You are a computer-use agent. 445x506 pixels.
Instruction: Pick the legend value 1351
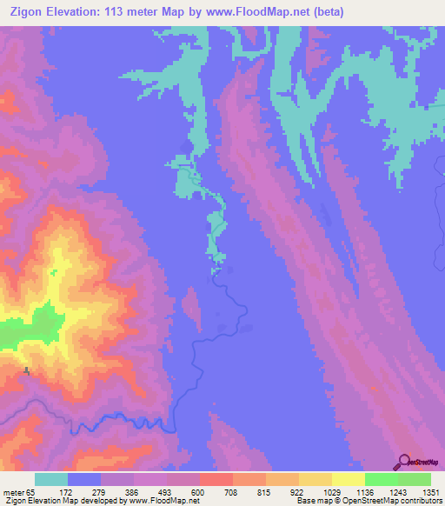[431, 492]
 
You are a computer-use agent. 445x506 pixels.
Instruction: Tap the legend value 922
[298, 492]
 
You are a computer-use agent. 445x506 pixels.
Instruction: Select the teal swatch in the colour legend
[50, 479]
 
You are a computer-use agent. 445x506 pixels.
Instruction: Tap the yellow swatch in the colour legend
[348, 479]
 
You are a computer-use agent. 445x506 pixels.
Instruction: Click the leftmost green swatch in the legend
[381, 479]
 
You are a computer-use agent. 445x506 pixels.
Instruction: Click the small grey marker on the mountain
[27, 371]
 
